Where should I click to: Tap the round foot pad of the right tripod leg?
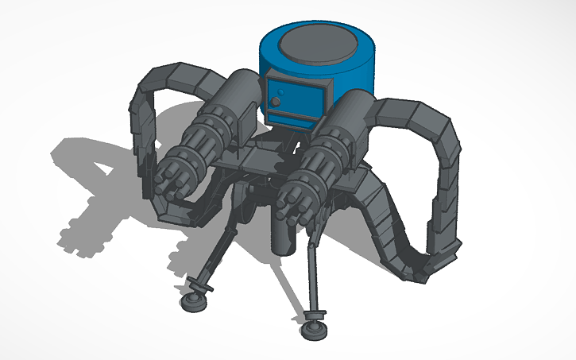click(313, 323)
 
